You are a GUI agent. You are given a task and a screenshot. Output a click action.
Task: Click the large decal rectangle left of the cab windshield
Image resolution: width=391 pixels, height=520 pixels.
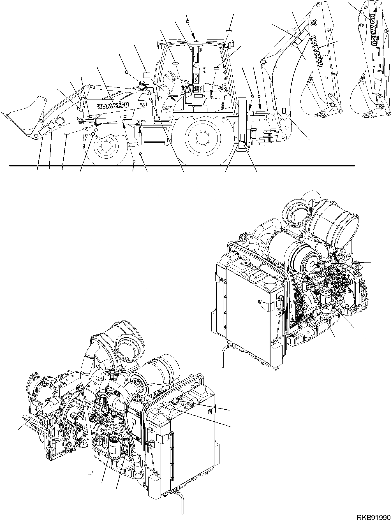pos(147,75)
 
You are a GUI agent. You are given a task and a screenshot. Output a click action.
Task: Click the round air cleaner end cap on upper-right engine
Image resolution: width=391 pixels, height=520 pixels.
pos(313,264)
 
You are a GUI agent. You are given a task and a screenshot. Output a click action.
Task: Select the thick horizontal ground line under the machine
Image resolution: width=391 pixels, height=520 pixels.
pos(182,166)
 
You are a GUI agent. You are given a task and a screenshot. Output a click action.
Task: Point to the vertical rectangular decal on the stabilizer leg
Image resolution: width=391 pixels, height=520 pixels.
pos(242,137)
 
